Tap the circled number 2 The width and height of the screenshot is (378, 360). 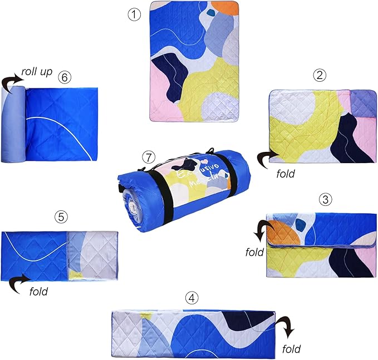pyautogui.click(x=319, y=76)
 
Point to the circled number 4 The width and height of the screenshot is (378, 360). pyautogui.click(x=192, y=298)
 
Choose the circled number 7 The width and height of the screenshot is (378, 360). pyautogui.click(x=147, y=156)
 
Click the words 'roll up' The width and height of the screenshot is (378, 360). pyautogui.click(x=37, y=72)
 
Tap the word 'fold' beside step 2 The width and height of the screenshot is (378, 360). pyautogui.click(x=286, y=173)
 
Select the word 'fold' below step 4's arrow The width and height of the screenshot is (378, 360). pyautogui.click(x=291, y=349)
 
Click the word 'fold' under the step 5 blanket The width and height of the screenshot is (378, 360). pyautogui.click(x=38, y=290)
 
